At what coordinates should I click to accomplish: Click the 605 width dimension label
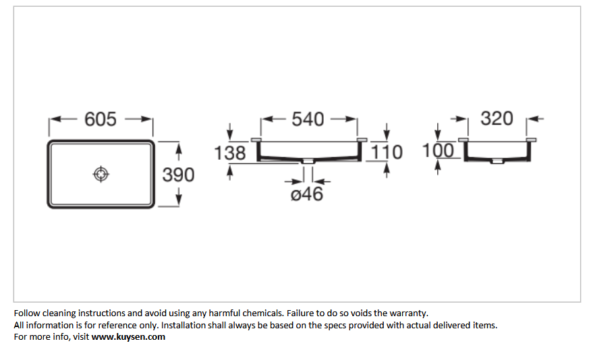point(101,119)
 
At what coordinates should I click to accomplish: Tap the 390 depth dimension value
point(178,175)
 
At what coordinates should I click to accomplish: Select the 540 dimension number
point(308,119)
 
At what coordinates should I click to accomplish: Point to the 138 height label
point(230,153)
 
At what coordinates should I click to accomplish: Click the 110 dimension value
point(386,152)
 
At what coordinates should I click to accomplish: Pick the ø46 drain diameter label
point(307,194)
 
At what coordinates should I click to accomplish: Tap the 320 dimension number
point(497,119)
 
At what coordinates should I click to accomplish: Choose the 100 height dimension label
point(438,150)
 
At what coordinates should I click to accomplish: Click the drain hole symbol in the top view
point(101,174)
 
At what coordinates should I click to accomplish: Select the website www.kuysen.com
point(128,336)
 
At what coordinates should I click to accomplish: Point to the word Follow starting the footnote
point(27,313)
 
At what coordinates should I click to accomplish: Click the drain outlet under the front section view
point(308,161)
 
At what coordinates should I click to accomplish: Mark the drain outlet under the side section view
point(497,161)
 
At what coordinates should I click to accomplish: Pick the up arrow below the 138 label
point(229,173)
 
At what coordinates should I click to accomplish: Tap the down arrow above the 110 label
point(387,131)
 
